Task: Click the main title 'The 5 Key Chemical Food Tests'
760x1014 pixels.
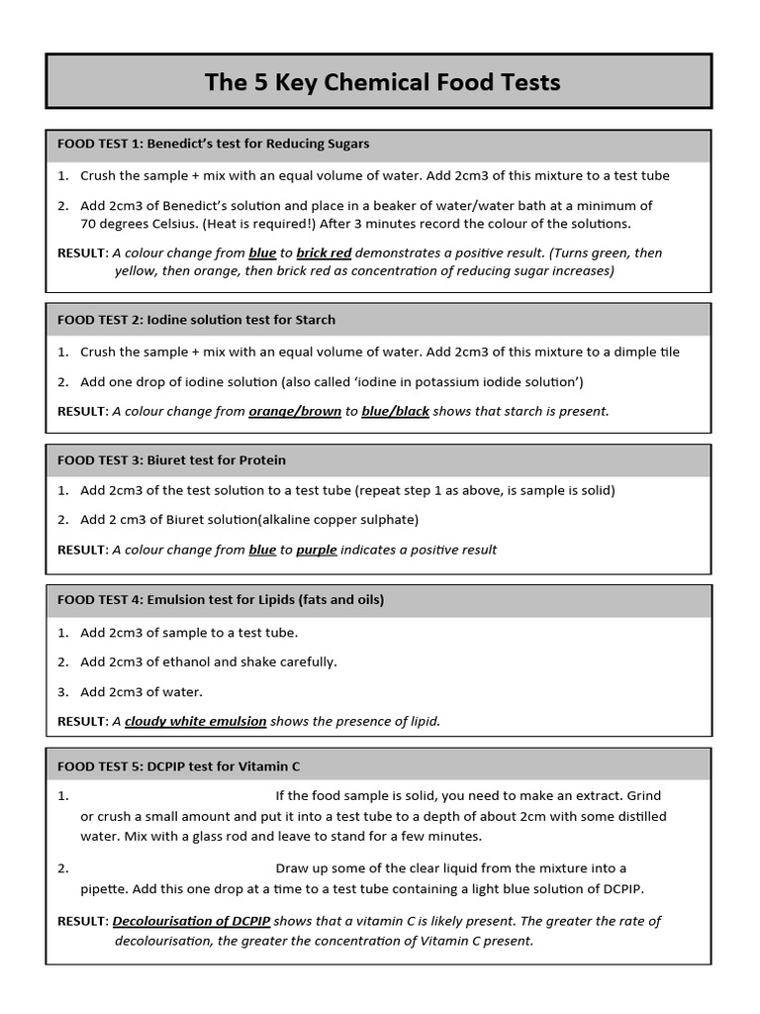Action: tap(382, 82)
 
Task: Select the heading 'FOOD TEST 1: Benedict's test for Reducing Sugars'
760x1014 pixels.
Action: tap(214, 144)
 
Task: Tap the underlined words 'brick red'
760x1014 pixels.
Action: tap(324, 253)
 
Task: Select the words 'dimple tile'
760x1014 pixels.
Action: tap(644, 352)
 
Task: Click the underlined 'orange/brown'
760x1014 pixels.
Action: tap(295, 411)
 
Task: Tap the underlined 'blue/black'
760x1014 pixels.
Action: tap(395, 411)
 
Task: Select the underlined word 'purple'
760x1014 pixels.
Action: tap(317, 550)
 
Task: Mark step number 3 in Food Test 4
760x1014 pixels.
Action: tap(62, 691)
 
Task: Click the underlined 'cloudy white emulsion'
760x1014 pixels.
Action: tap(195, 721)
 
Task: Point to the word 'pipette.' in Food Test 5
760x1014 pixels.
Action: tap(106, 888)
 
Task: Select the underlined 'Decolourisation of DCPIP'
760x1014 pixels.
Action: tap(191, 921)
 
